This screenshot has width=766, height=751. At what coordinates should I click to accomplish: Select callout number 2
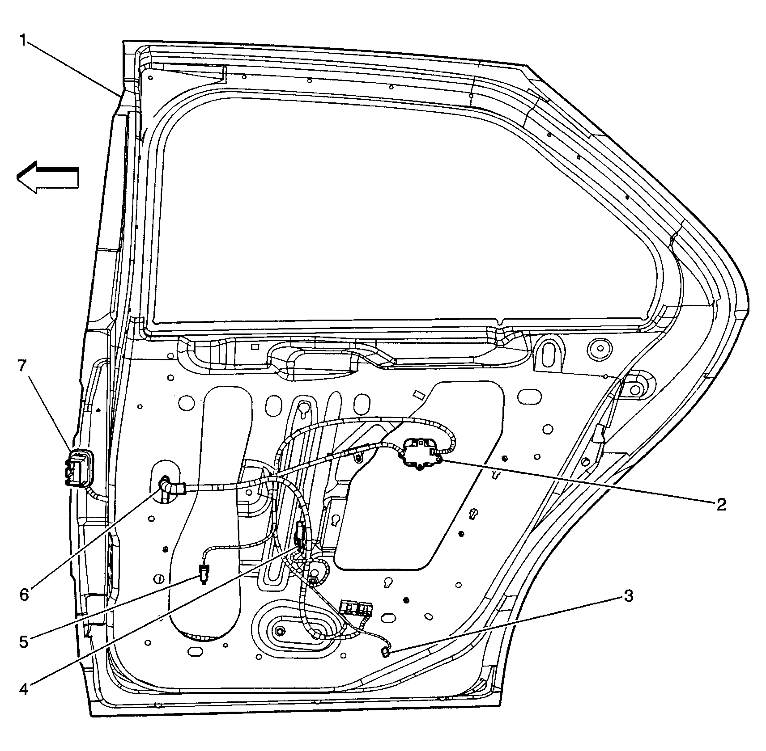[x=721, y=504]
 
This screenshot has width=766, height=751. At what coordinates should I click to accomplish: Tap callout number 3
[x=628, y=596]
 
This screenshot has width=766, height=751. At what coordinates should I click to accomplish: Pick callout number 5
[x=24, y=642]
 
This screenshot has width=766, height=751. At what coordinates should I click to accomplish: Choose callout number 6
[x=24, y=595]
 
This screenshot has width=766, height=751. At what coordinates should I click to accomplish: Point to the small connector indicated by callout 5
[x=204, y=574]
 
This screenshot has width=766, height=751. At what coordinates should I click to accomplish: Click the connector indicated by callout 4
[x=300, y=535]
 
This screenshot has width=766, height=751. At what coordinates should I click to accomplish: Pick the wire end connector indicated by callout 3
[x=385, y=653]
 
